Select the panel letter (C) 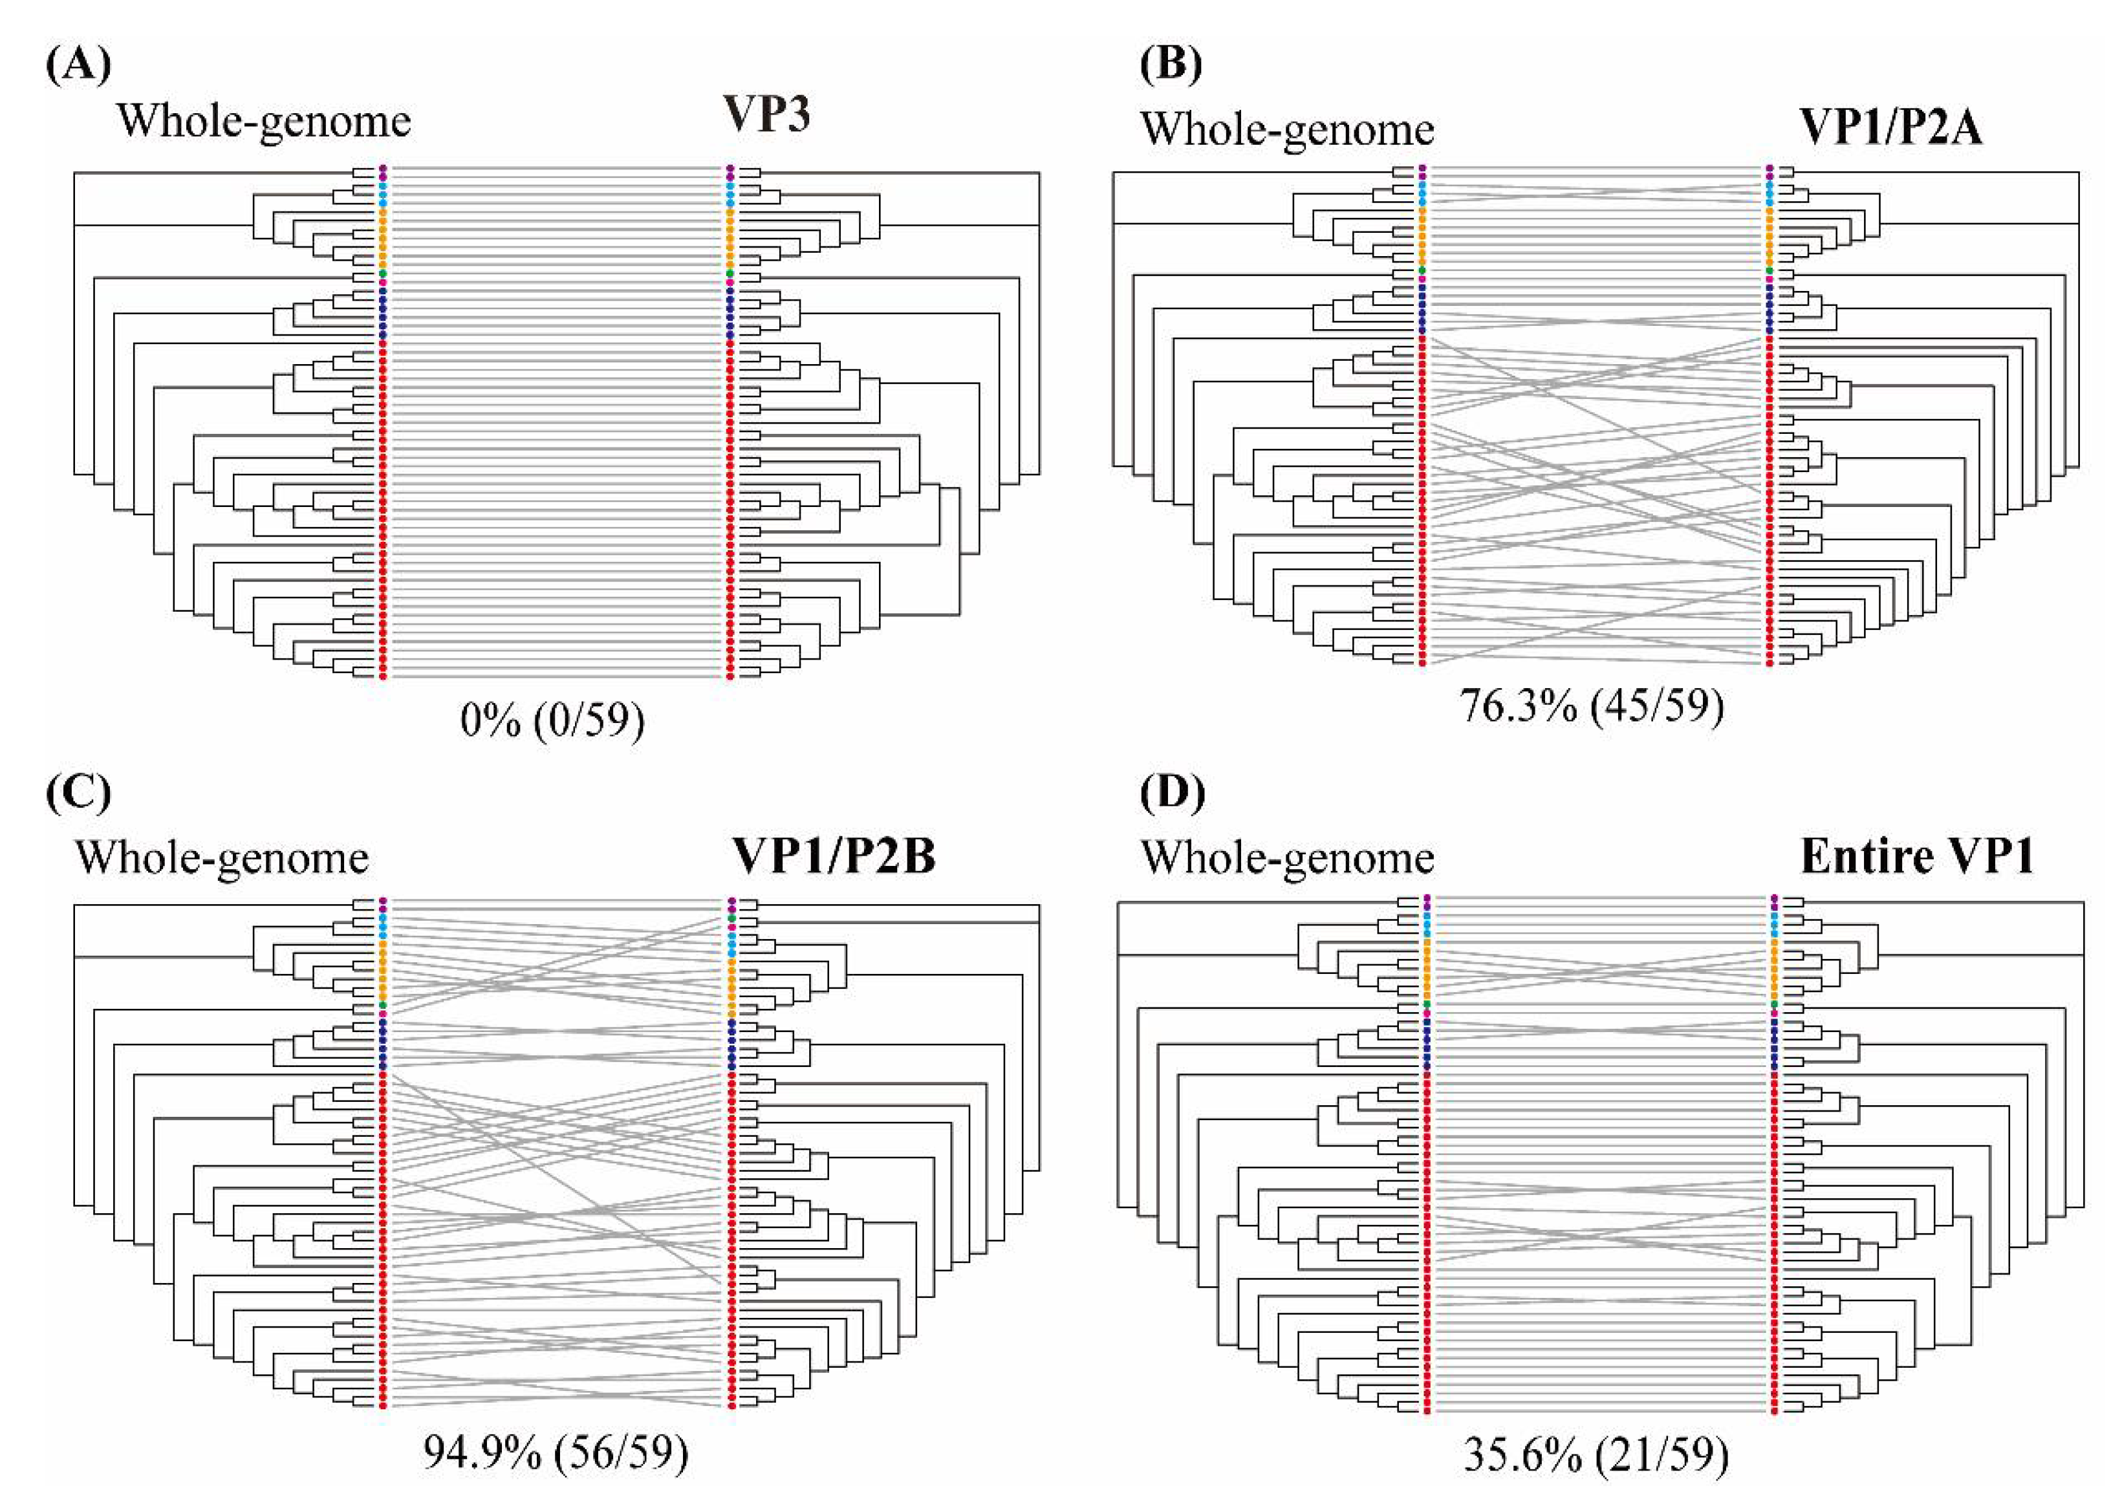[78, 793]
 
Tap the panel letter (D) [1172, 793]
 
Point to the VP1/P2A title [1891, 127]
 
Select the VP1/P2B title [834, 856]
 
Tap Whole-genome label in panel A [263, 122]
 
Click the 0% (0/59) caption [552, 720]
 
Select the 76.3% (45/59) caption [1591, 706]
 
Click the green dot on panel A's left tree [382, 274]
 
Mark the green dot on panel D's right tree [1774, 1005]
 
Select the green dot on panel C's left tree [382, 1005]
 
